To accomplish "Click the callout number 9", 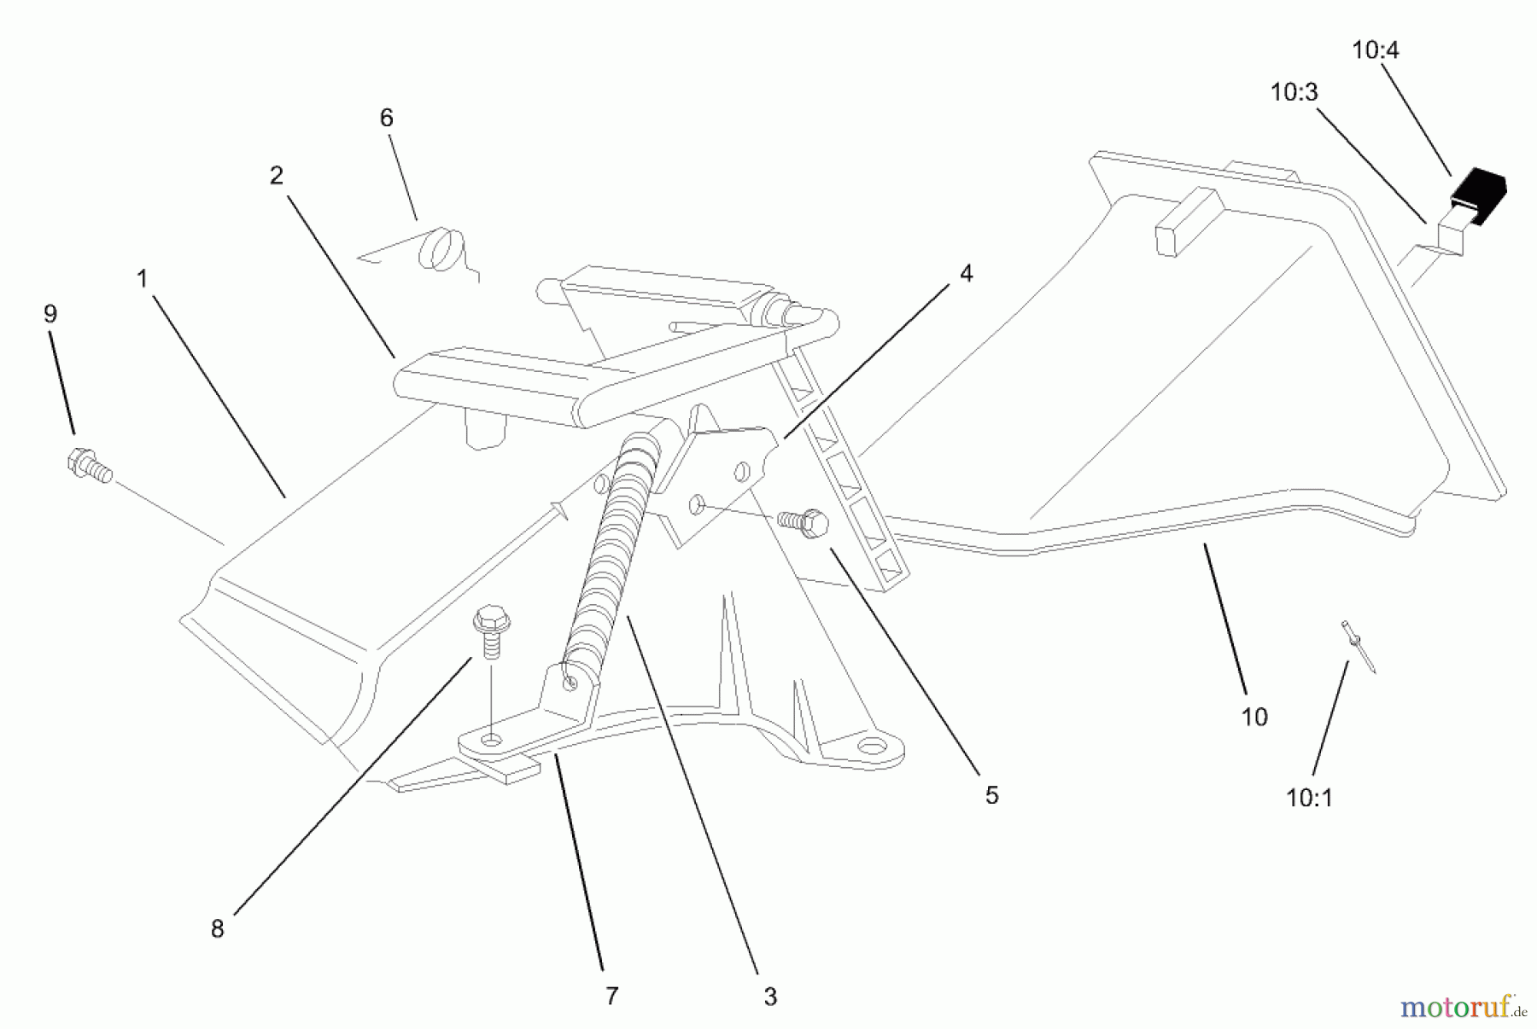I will click(50, 314).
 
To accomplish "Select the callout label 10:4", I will click(1375, 50).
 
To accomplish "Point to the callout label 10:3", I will click(1294, 92).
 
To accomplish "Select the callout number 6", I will click(386, 118).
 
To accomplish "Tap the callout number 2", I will click(276, 176).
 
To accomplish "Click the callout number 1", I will click(142, 278).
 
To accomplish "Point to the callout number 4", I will click(966, 273).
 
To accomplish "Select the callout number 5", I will click(991, 795).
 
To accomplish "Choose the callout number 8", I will click(217, 929).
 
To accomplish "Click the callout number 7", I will click(611, 996).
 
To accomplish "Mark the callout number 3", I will click(769, 997).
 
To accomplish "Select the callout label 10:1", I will click(1308, 798).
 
